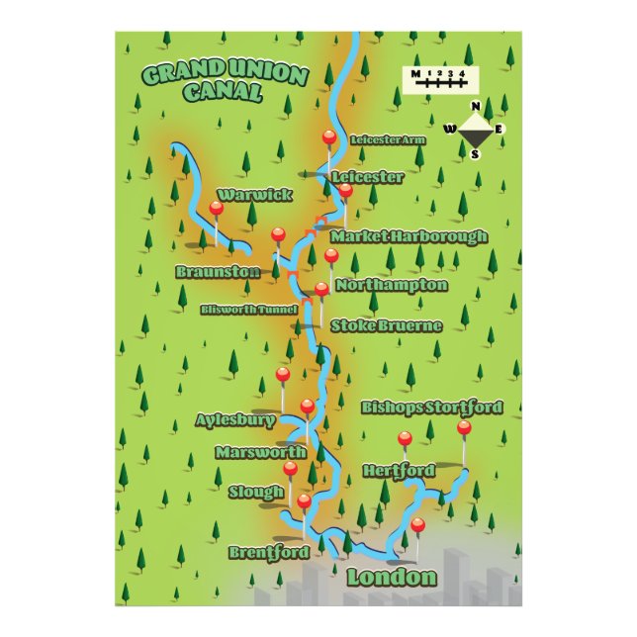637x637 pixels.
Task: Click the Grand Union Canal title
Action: click(224, 84)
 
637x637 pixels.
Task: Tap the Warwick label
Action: click(255, 194)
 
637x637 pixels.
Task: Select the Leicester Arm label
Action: click(388, 139)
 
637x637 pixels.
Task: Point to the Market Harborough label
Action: click(409, 237)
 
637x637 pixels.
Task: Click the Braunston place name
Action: click(218, 271)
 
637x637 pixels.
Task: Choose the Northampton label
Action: click(392, 285)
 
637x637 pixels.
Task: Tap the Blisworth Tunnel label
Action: click(248, 309)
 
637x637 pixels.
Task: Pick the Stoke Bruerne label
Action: click(386, 325)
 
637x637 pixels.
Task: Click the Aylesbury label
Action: click(235, 419)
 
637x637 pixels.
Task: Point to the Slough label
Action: click(256, 492)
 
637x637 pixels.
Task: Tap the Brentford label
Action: click(268, 552)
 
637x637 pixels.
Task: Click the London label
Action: click(392, 578)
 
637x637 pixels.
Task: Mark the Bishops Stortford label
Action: click(431, 408)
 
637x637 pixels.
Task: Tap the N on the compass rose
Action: click(476, 107)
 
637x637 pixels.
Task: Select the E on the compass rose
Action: click(500, 129)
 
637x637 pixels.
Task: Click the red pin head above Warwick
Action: click(217, 208)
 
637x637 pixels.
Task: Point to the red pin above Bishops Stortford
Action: click(464, 427)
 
